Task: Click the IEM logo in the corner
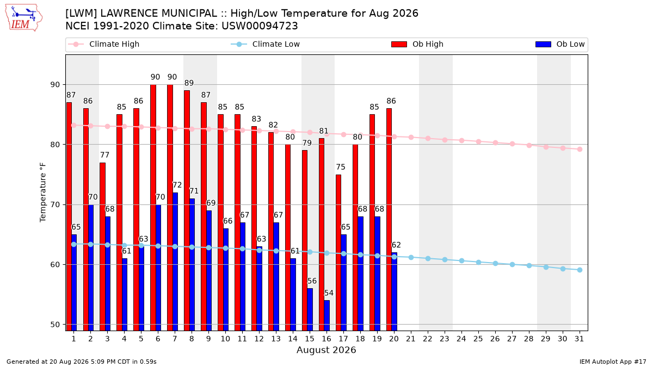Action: [x=23, y=17]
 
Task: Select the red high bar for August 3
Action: [x=102, y=246]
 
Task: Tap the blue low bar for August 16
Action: [x=327, y=315]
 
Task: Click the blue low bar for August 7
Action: [x=175, y=262]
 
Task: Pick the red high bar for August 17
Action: [x=338, y=252]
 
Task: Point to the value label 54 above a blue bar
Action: [x=329, y=293]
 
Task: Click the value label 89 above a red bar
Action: [x=189, y=83]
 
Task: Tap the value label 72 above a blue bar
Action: [x=177, y=185]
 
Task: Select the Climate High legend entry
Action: [x=104, y=44]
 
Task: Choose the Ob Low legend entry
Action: [x=560, y=44]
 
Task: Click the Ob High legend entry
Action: [x=417, y=44]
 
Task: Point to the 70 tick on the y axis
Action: [x=55, y=205]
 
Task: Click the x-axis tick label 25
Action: [x=478, y=339]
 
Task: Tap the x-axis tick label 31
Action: [x=579, y=339]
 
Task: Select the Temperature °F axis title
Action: [x=43, y=192]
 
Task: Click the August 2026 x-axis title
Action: [x=326, y=350]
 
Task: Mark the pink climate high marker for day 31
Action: [x=580, y=149]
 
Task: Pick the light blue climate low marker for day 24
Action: [x=462, y=260]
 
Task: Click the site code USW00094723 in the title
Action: [x=260, y=26]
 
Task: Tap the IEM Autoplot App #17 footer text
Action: [x=613, y=362]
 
